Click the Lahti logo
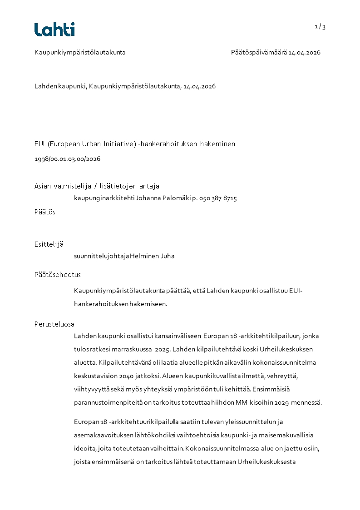click(54, 30)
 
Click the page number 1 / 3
click(320, 27)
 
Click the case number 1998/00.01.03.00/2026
click(67, 159)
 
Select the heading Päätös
click(45, 212)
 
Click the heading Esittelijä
click(49, 244)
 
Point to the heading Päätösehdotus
click(58, 275)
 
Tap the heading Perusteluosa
click(54, 324)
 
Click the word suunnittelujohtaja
click(102, 256)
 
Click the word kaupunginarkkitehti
click(104, 198)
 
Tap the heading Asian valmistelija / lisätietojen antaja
click(97, 186)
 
